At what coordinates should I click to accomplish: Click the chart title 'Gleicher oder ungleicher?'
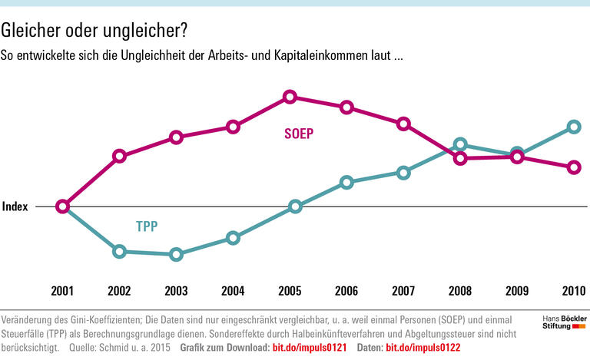pyautogui.click(x=93, y=30)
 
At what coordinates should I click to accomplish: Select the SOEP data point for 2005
pyautogui.click(x=290, y=97)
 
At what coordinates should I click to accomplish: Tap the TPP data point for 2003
pyautogui.click(x=176, y=254)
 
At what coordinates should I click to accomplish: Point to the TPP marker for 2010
pyautogui.click(x=573, y=127)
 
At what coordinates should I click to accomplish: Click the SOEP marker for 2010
pyautogui.click(x=573, y=167)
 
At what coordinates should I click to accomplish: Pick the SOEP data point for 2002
pyautogui.click(x=119, y=156)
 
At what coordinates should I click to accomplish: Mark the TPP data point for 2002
pyautogui.click(x=119, y=251)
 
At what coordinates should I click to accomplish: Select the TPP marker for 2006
pyautogui.click(x=346, y=182)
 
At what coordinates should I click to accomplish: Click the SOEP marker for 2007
pyautogui.click(x=403, y=124)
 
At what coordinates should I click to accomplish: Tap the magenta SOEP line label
pyautogui.click(x=299, y=133)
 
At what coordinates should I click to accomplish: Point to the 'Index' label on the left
pyautogui.click(x=15, y=206)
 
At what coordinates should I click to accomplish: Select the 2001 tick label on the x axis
pyautogui.click(x=62, y=291)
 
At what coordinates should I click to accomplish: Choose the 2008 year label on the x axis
pyautogui.click(x=459, y=291)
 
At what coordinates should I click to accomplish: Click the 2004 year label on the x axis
pyautogui.click(x=233, y=291)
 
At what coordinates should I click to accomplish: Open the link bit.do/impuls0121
pyautogui.click(x=310, y=348)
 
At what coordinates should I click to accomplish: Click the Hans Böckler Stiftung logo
pyautogui.click(x=559, y=322)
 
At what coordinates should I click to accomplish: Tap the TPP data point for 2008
pyautogui.click(x=460, y=144)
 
